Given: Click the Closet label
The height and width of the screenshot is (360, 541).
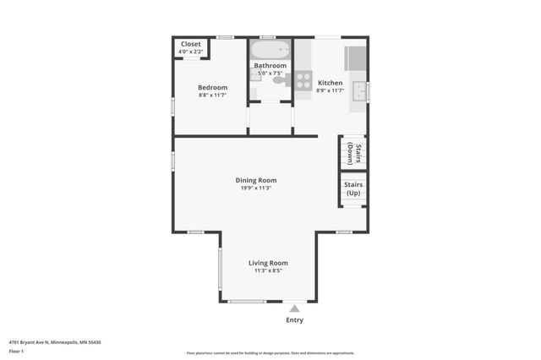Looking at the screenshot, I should tap(190, 44).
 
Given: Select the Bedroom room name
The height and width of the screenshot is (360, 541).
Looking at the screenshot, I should tap(212, 87).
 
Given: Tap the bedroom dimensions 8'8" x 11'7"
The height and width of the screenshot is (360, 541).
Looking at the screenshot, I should tap(212, 95).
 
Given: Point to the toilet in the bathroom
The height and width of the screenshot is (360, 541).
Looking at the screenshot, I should tap(278, 81).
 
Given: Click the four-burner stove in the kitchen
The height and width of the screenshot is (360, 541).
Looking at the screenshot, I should tap(303, 80).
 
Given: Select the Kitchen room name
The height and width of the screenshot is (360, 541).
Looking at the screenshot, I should tap(330, 83).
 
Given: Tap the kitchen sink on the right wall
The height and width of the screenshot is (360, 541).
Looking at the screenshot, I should tap(360, 89).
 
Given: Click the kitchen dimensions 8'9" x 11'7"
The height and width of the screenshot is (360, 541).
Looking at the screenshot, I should tap(330, 90).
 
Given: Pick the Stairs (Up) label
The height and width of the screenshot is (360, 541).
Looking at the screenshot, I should tap(352, 188).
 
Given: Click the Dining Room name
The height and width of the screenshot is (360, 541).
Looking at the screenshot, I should tap(255, 180).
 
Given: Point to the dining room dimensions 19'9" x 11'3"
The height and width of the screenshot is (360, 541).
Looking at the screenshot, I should tap(255, 188).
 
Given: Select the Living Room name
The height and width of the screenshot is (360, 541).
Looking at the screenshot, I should tap(268, 263).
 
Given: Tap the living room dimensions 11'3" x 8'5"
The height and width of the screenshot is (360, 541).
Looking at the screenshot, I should tap(268, 271).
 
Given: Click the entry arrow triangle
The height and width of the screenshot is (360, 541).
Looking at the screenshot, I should tap(294, 308).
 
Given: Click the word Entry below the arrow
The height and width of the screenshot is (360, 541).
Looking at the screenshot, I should tap(294, 320).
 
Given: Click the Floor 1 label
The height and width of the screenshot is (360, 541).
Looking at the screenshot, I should tap(16, 351).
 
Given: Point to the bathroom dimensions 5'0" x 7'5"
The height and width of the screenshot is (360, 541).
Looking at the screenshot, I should tap(271, 74).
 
